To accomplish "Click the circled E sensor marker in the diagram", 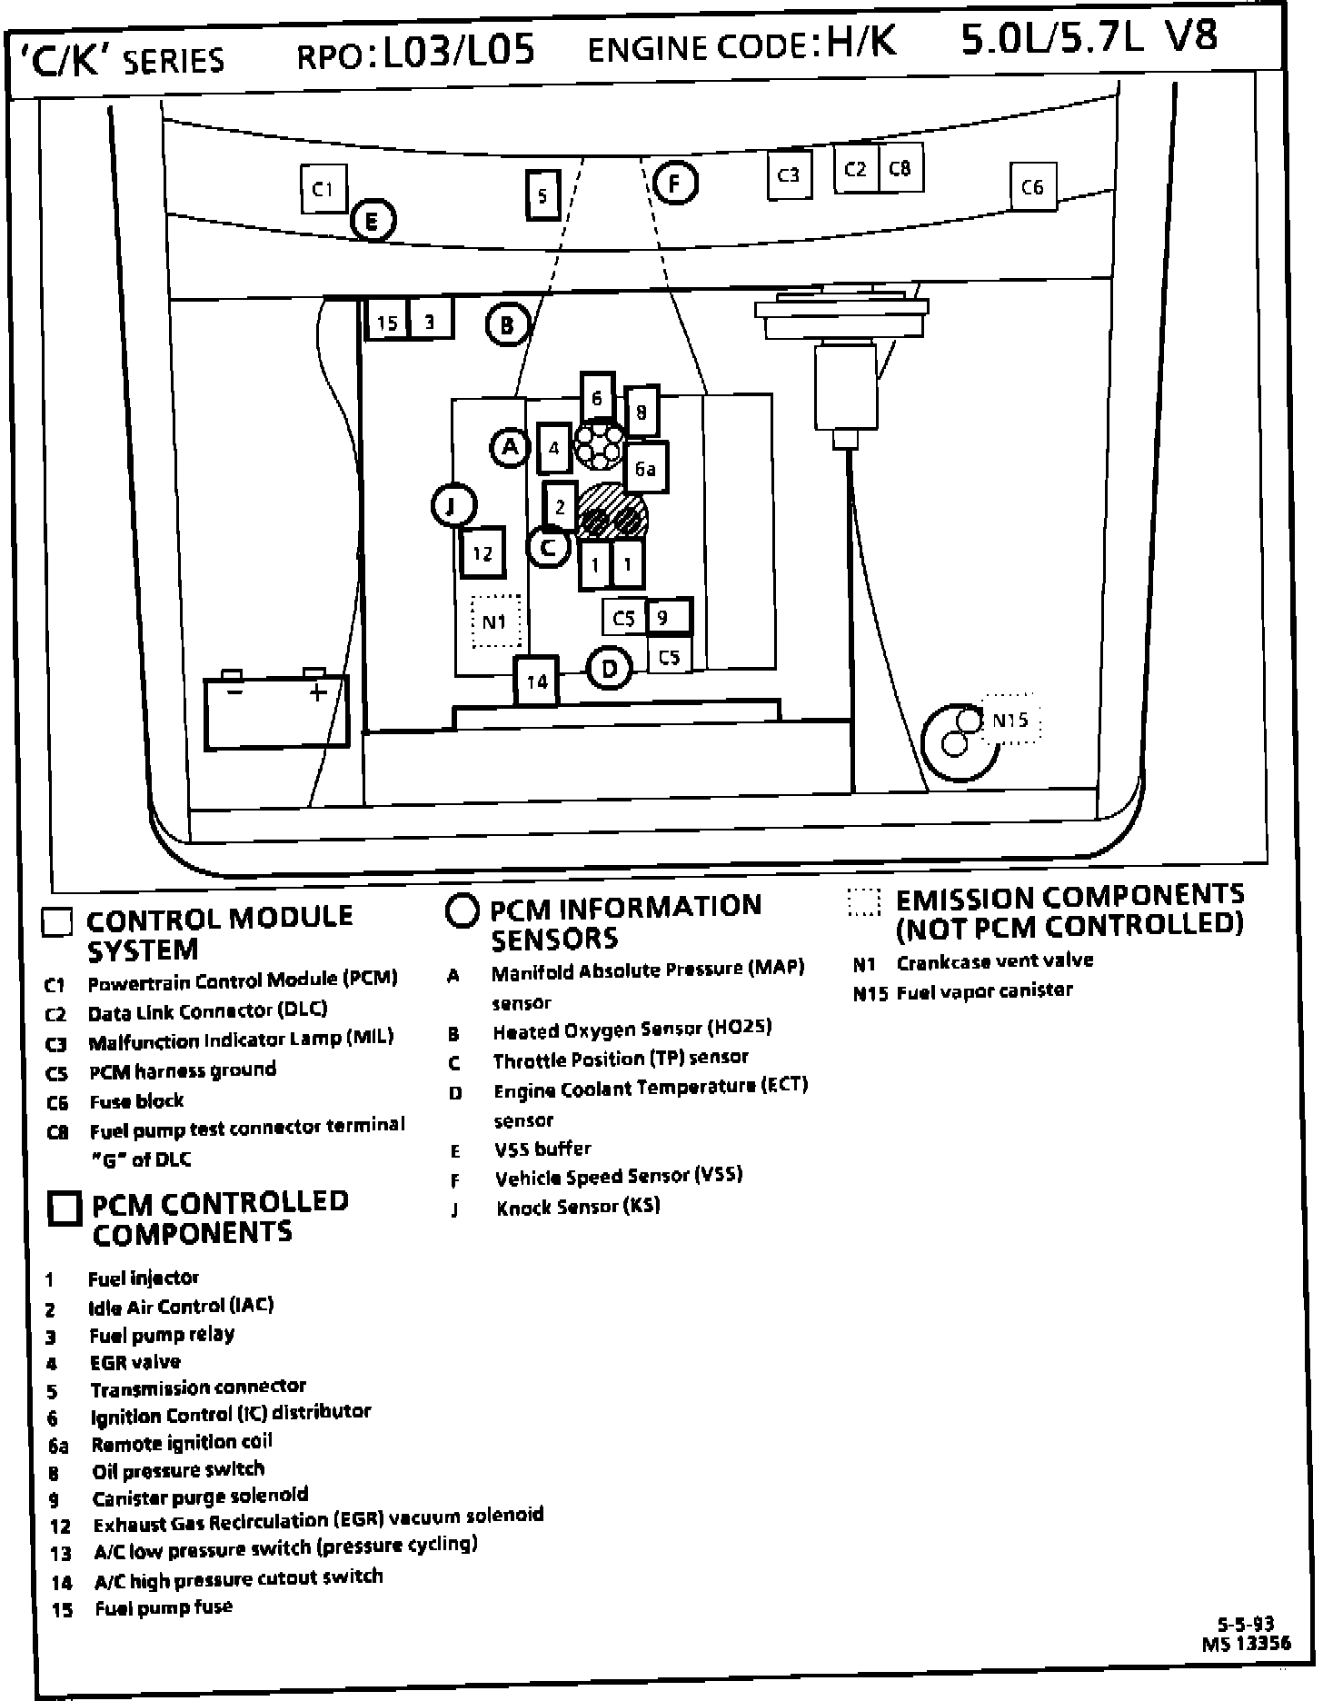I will [373, 221].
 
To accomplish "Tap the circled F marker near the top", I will [674, 183].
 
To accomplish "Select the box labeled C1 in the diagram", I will [323, 189].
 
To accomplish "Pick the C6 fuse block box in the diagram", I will [1033, 187].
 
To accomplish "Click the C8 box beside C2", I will [900, 168].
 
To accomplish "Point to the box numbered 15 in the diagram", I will [387, 322].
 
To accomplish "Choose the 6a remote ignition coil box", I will [646, 469].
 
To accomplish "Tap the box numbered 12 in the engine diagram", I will [482, 552].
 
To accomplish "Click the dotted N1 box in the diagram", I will [495, 622].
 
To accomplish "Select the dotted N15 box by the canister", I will [1010, 720].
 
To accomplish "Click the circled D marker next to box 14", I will [609, 670].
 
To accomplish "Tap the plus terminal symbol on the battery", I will [317, 693].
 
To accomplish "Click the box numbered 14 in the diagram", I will [537, 681].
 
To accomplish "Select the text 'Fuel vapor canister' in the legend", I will [985, 990].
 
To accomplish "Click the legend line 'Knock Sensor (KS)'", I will [578, 1207].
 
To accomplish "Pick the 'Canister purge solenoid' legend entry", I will [200, 1497].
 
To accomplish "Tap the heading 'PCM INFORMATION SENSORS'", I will [625, 921].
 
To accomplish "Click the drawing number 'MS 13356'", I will [1246, 1643].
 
